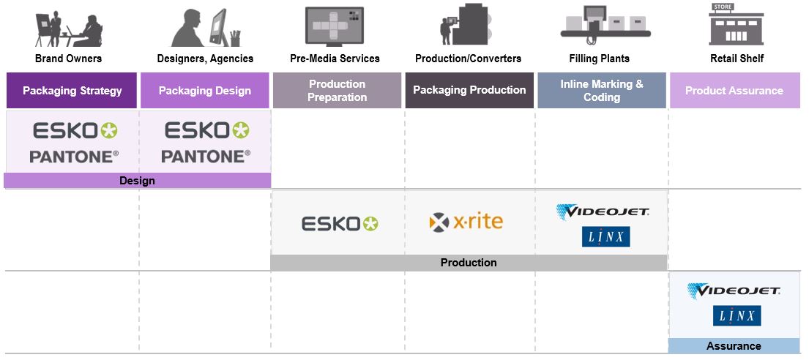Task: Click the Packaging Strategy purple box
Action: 71,91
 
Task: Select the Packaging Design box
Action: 205,91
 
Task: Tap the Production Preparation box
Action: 338,91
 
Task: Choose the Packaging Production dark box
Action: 469,90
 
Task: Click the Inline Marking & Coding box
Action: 602,91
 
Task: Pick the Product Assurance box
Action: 734,91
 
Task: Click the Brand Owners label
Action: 69,59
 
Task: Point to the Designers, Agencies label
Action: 205,59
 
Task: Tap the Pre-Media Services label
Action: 334,59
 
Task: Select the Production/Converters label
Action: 468,59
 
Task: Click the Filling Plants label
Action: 599,59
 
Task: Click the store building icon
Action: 736,25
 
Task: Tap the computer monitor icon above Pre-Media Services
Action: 334,26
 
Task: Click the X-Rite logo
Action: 466,222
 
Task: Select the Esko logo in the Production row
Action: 340,223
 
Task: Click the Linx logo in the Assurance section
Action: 737,316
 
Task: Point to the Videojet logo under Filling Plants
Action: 603,212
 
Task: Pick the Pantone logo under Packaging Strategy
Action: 74,157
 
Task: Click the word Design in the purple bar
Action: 137,181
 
